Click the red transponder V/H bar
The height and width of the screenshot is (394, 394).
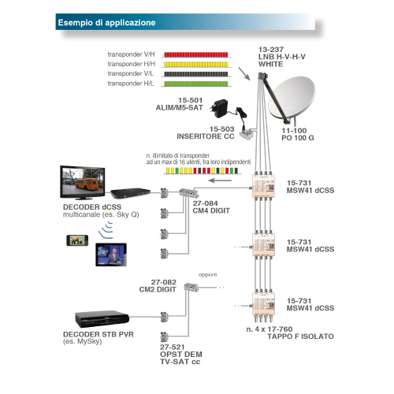coord(196,54)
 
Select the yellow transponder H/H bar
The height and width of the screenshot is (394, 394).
coord(196,64)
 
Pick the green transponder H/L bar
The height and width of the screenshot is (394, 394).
coord(196,84)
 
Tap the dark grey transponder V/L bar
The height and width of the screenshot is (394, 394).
coord(196,74)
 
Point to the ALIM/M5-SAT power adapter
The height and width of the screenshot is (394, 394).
coord(219,108)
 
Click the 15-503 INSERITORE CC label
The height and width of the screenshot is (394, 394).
coord(206,132)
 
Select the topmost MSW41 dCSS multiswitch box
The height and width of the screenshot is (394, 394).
coord(264,186)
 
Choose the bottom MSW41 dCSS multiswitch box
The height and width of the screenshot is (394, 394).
coord(264,303)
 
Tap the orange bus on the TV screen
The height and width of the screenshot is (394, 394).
coord(87,184)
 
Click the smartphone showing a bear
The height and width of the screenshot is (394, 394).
coord(77,240)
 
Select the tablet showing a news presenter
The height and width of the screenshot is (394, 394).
coord(111,255)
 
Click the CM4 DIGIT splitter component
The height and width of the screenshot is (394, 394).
coord(189,192)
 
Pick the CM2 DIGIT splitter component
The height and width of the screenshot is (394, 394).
coord(191,287)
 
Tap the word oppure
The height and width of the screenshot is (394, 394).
coord(208,275)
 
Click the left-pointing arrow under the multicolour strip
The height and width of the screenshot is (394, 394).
coord(220,180)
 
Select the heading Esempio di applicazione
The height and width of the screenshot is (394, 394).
coord(106,23)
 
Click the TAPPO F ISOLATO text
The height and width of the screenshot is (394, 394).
coord(300,336)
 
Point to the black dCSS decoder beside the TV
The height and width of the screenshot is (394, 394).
coord(130,193)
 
